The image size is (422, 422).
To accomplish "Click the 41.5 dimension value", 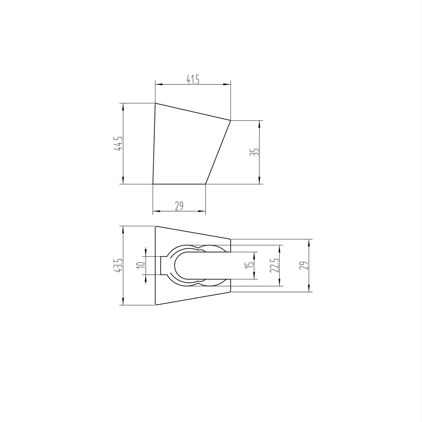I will click(x=193, y=79).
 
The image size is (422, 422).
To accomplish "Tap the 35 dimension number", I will click(x=255, y=152).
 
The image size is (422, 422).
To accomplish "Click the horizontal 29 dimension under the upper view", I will click(x=179, y=206).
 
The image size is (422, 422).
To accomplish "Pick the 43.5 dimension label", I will click(x=119, y=265).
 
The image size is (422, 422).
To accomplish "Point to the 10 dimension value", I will click(x=141, y=265).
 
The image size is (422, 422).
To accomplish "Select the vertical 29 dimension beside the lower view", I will click(x=304, y=265).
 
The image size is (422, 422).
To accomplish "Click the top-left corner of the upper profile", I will click(x=155, y=103).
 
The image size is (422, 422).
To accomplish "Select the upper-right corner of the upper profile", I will click(x=231, y=120).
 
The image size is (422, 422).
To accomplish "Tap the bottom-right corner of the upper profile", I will click(x=206, y=184).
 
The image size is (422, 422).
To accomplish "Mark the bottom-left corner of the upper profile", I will click(x=153, y=184).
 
